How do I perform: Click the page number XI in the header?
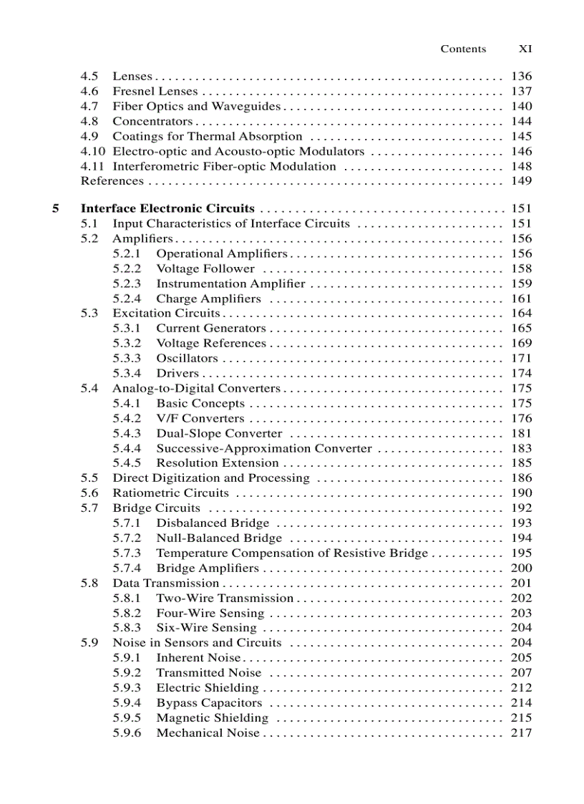525,49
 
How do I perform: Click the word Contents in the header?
463,49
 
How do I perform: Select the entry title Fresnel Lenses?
153,91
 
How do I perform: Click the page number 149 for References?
521,181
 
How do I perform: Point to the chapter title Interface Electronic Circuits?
167,208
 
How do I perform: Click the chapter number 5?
55,208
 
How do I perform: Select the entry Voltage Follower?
205,268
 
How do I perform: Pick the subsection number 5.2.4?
127,299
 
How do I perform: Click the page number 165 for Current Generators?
521,328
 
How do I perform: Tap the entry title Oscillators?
187,358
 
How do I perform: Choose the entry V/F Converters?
200,418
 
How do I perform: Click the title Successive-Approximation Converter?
264,448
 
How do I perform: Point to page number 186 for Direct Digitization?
521,478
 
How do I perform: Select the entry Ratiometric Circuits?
171,493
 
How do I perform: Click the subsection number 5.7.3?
127,553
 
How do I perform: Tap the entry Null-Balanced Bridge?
219,538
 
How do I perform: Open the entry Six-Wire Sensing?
206,628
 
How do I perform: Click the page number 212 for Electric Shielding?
521,687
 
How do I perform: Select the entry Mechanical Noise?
208,732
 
